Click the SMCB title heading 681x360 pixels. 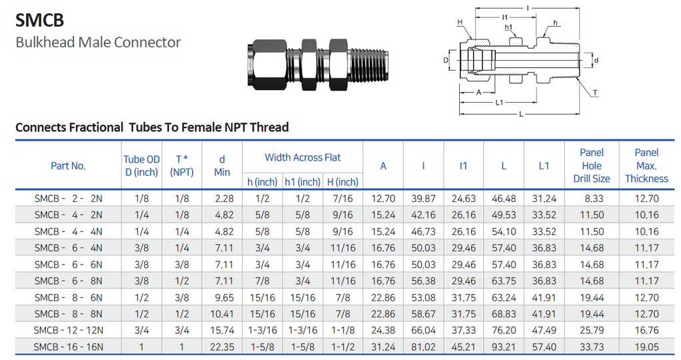(x=39, y=20)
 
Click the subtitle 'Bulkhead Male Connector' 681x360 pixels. (x=98, y=43)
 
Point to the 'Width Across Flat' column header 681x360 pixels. (x=303, y=158)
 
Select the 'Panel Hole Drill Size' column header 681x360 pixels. (x=591, y=166)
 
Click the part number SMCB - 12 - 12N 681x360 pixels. (x=69, y=330)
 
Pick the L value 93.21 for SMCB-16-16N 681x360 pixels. (x=504, y=347)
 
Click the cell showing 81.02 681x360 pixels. (x=423, y=347)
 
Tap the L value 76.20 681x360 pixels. (x=504, y=330)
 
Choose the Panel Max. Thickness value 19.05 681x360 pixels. (x=646, y=347)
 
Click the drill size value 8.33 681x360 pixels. (x=591, y=199)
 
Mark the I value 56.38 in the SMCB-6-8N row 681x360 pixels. (x=423, y=281)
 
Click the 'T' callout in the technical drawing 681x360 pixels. (x=594, y=93)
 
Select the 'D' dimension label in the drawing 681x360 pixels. (x=445, y=60)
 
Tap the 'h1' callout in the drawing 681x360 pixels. (x=508, y=28)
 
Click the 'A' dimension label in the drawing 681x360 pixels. (x=478, y=93)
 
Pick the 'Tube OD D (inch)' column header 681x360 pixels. (x=141, y=166)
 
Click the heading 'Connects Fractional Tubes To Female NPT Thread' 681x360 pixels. (x=152, y=127)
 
